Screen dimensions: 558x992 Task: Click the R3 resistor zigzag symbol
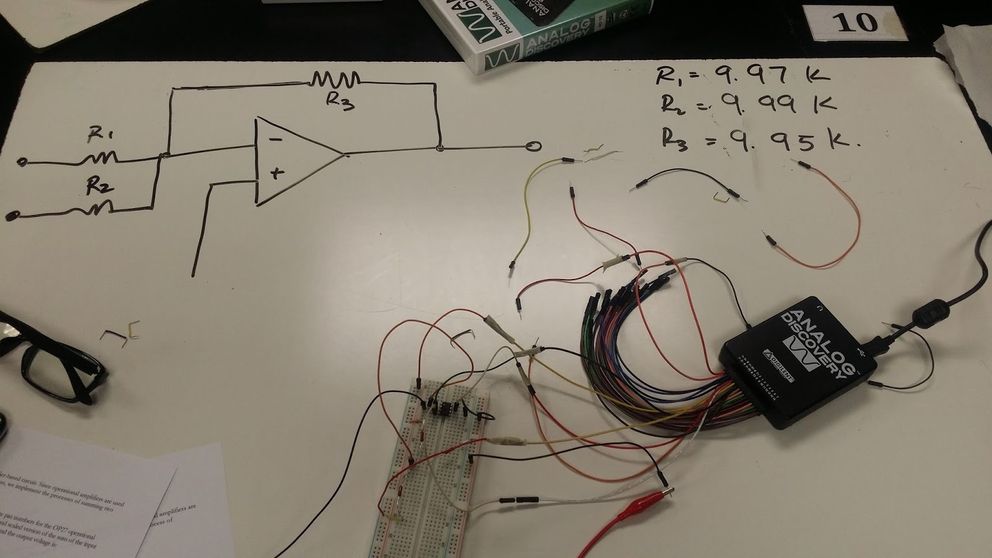click(x=335, y=79)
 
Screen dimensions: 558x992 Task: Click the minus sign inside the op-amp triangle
click(x=276, y=139)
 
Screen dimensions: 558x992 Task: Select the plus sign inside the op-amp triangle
click(x=277, y=174)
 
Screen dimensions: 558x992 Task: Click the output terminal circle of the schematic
click(x=533, y=146)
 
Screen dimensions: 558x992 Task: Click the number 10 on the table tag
click(x=856, y=22)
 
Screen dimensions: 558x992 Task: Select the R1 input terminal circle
click(x=21, y=162)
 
